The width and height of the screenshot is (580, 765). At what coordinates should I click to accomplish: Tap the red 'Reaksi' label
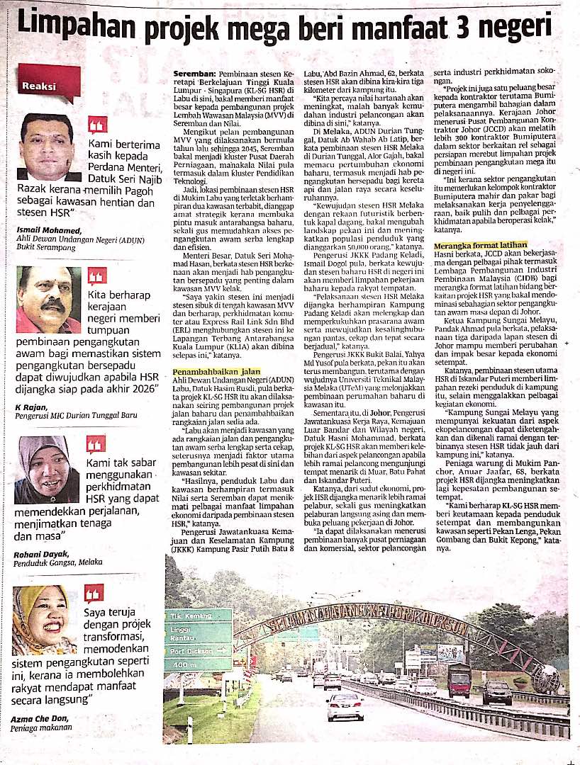click(41, 86)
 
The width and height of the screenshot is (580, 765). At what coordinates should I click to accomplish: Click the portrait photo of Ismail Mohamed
click(47, 145)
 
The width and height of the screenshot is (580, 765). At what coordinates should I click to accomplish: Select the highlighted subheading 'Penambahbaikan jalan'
click(217, 371)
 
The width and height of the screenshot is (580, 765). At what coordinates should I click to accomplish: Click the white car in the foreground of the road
click(345, 705)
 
